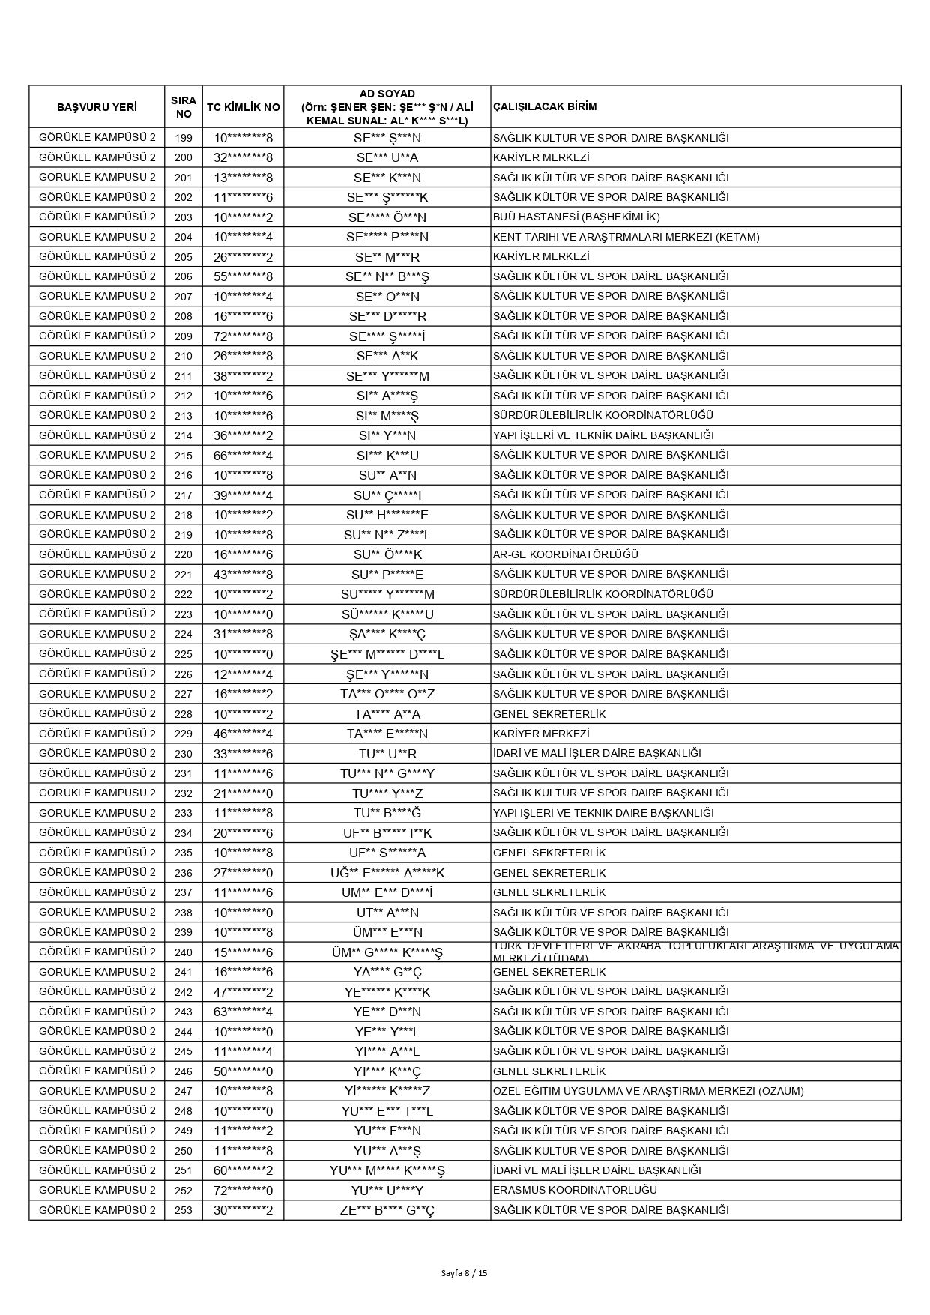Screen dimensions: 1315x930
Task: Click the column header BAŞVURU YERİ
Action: (x=97, y=106)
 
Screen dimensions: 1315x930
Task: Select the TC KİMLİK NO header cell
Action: (x=243, y=106)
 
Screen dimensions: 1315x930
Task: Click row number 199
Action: (x=184, y=138)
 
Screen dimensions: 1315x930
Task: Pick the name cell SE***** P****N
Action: (x=387, y=237)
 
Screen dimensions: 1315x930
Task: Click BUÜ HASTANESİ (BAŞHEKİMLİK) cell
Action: (x=576, y=217)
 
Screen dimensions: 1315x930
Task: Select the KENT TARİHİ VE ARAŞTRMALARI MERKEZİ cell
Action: (x=626, y=237)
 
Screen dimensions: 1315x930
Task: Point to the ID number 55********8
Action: (x=243, y=276)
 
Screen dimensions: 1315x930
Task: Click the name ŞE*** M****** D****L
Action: (x=387, y=654)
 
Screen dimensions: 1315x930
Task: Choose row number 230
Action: (x=184, y=754)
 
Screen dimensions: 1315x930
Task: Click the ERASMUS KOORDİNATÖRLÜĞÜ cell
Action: (x=575, y=1191)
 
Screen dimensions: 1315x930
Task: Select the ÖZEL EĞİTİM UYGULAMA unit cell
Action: (x=648, y=1091)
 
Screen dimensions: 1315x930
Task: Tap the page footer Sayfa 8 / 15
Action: (x=465, y=1272)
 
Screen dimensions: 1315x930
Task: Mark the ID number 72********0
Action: (x=243, y=1191)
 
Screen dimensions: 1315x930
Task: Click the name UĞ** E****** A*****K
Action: (x=387, y=873)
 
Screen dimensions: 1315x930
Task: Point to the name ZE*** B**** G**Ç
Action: (x=387, y=1210)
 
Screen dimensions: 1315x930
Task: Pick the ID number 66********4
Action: (x=243, y=456)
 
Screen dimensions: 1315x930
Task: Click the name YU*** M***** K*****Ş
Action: (x=387, y=1170)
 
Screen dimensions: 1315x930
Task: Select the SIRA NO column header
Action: (x=184, y=106)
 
